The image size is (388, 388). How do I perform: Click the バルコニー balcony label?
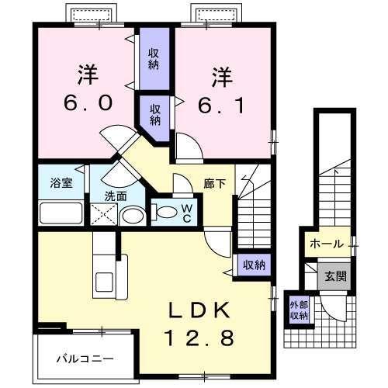pyautogui.click(x=85, y=359)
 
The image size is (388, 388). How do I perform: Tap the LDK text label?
pyautogui.click(x=200, y=311)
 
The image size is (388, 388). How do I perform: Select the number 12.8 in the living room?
pyautogui.click(x=200, y=338)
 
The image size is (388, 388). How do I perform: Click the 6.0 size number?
pyautogui.click(x=84, y=103)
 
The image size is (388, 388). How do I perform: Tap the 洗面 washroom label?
pyautogui.click(x=117, y=196)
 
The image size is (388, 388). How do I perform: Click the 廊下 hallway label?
pyautogui.click(x=215, y=184)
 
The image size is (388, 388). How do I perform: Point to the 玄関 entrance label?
pyautogui.click(x=336, y=275)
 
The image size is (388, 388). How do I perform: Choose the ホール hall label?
pyautogui.click(x=326, y=244)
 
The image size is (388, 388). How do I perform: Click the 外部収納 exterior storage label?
pyautogui.click(x=299, y=309)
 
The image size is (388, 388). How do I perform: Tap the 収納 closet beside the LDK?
pyautogui.click(x=253, y=265)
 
